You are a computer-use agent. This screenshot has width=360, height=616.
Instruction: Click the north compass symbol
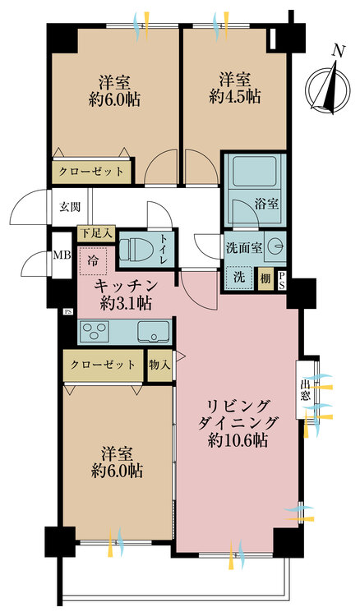pyautogui.click(x=328, y=85)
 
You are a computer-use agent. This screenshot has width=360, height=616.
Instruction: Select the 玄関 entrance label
pyautogui.click(x=70, y=207)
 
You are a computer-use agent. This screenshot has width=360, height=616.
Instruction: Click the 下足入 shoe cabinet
pyautogui.click(x=96, y=233)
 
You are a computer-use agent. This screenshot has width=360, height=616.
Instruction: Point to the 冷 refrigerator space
pyautogui.click(x=93, y=261)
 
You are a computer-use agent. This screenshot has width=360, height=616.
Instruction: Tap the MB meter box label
pyautogui.click(x=62, y=255)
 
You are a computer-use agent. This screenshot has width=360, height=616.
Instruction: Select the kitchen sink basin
pyautogui.click(x=154, y=332)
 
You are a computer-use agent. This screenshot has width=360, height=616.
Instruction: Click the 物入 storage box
pyautogui.click(x=159, y=365)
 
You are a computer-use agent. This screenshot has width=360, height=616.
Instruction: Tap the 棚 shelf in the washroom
pyautogui.click(x=265, y=278)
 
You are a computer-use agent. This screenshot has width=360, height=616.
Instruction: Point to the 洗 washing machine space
pyautogui.click(x=239, y=277)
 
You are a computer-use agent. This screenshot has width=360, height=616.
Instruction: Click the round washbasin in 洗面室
pyautogui.click(x=275, y=246)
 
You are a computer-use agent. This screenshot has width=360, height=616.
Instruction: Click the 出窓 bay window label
pyautogui.click(x=305, y=389)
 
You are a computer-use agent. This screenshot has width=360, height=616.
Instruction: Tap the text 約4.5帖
pyautogui.click(x=234, y=96)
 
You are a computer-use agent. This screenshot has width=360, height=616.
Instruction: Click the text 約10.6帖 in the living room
pyautogui.click(x=238, y=441)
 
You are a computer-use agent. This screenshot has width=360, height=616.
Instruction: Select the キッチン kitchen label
pyautogui.click(x=126, y=286)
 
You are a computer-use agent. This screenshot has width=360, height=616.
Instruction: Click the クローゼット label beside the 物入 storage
pyautogui.click(x=103, y=365)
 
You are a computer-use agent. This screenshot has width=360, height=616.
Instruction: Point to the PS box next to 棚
pyautogui.click(x=281, y=281)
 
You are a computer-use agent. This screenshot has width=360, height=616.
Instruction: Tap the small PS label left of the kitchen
pyautogui.click(x=68, y=312)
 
